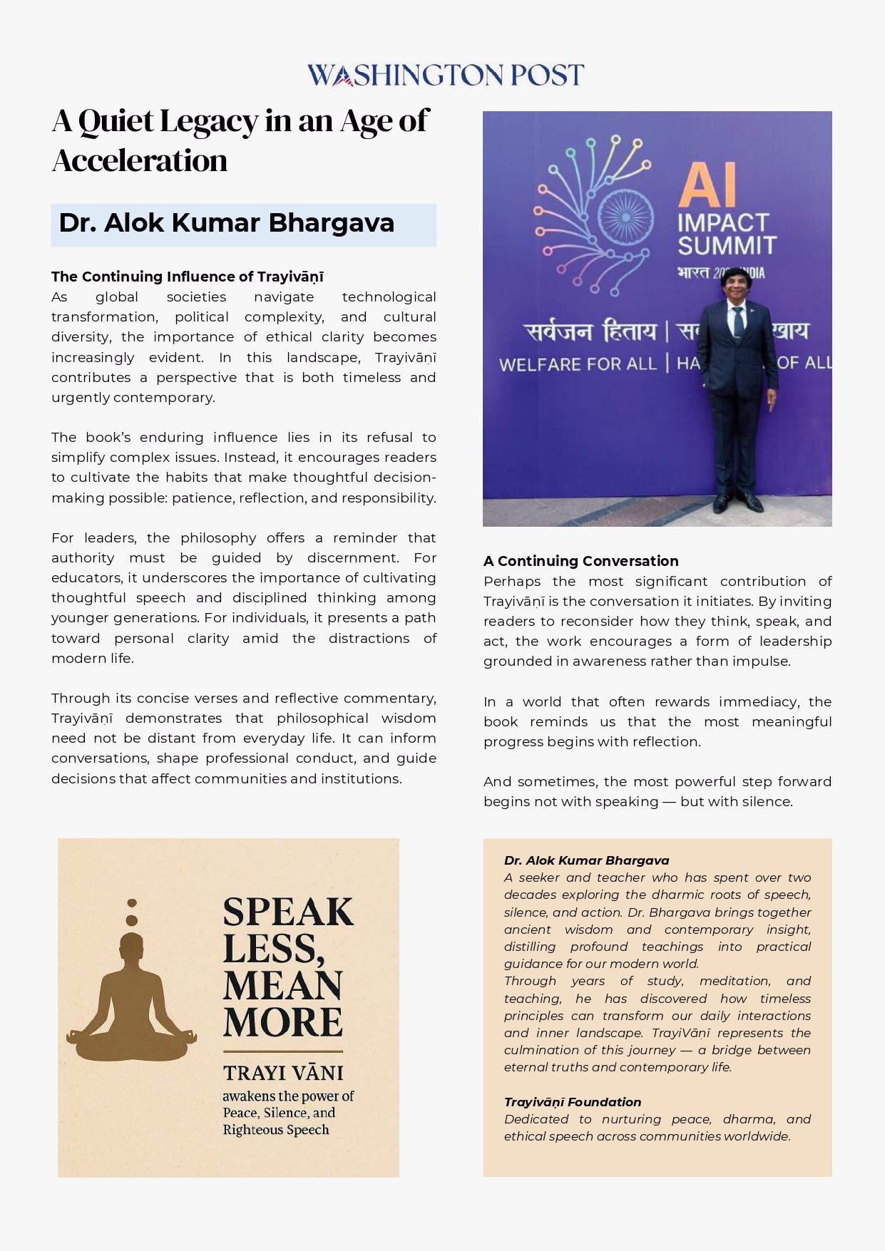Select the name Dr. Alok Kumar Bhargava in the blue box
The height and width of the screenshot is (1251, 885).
tap(226, 223)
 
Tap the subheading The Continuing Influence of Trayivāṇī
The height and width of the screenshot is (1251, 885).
tap(187, 277)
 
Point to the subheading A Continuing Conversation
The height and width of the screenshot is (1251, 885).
tap(580, 561)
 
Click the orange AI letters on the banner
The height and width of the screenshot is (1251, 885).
tap(707, 185)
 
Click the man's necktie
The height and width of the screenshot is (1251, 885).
tap(738, 321)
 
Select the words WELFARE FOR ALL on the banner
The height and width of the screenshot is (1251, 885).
tap(577, 364)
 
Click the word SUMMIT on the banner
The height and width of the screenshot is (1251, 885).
tap(726, 246)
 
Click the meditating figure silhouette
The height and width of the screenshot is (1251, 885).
tap(131, 994)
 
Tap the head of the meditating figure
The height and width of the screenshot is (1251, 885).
tap(131, 944)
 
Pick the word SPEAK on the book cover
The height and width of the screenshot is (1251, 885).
tap(288, 912)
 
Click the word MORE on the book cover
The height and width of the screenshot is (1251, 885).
tap(282, 1021)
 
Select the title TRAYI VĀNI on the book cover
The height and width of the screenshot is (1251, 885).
tap(282, 1073)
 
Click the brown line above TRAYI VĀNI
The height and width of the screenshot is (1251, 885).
tap(282, 1051)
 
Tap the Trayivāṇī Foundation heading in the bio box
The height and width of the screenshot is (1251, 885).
tap(572, 1102)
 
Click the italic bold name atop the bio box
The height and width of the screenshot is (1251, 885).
tap(586, 860)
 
